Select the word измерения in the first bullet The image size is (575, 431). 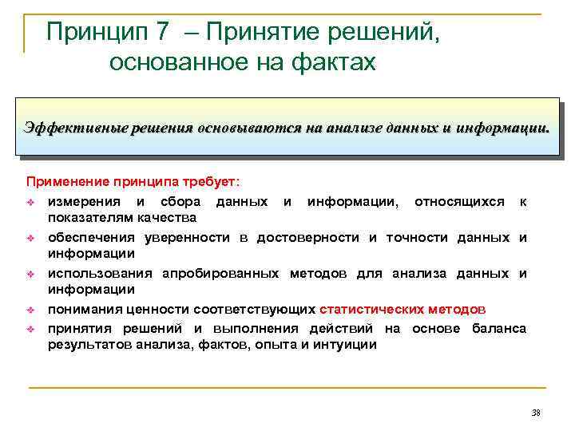tap(82, 201)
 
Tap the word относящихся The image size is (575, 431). tap(459, 201)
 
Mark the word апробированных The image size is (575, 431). tap(221, 274)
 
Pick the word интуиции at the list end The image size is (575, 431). tap(345, 345)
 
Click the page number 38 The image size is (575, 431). tap(535, 413)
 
